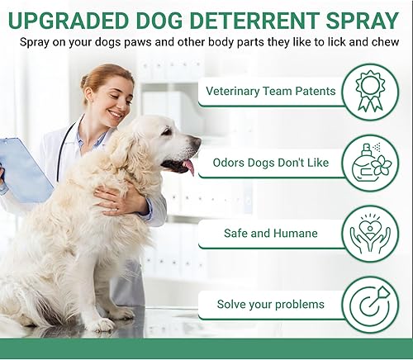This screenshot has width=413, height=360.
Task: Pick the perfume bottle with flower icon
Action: click(369, 162)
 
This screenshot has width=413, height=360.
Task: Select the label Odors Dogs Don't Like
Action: click(271, 163)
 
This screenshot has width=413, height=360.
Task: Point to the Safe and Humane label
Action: click(270, 234)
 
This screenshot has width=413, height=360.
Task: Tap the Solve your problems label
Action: click(270, 305)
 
